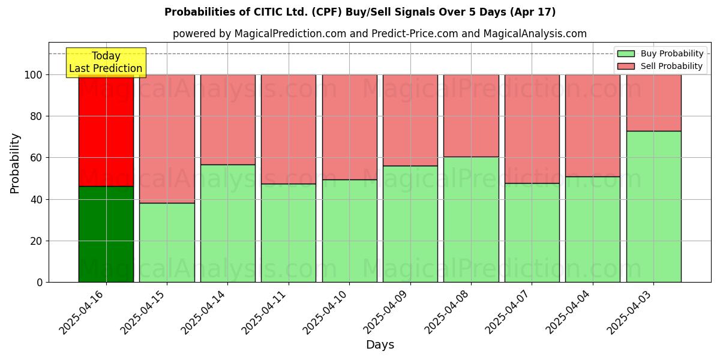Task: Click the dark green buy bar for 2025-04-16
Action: coord(106,234)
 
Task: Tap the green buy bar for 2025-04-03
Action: coord(653,206)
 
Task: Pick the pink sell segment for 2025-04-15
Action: coord(167,139)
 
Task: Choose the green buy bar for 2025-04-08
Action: coord(471,219)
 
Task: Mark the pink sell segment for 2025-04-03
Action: coord(653,103)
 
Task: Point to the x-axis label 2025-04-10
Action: coord(327,312)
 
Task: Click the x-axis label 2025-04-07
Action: coord(509,312)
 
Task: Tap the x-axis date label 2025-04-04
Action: coord(570,312)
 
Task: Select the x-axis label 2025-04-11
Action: coord(266,312)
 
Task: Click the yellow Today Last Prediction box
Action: coord(106,62)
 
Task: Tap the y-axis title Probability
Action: coord(16,163)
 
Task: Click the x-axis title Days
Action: coord(380,345)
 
